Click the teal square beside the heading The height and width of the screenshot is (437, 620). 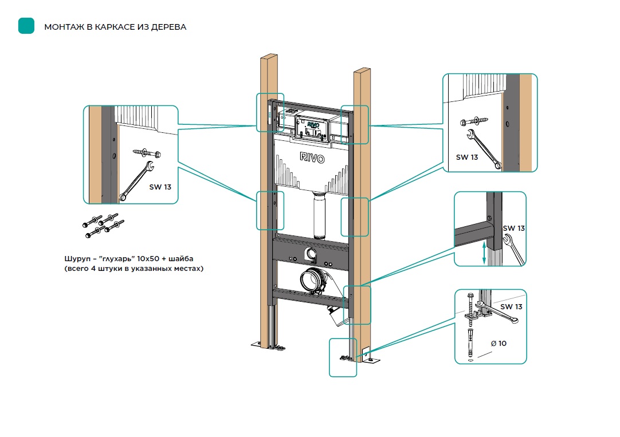pos(26,26)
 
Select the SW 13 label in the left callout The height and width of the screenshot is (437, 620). pos(160,187)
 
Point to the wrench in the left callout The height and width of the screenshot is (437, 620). pos(136,180)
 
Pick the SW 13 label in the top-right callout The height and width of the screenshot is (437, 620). pos(466,157)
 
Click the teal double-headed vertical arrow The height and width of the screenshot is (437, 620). pos(484,252)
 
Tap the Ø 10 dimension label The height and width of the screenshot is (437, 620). pos(499,344)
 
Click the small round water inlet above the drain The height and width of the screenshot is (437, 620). pos(311,254)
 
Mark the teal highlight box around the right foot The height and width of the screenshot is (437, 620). pos(343,357)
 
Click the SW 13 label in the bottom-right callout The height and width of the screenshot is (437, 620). pos(511,306)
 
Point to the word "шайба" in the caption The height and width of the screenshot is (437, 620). pos(183,258)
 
